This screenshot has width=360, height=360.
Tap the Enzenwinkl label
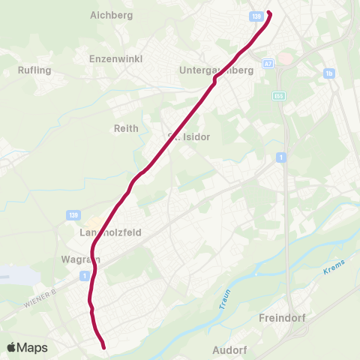[115, 58]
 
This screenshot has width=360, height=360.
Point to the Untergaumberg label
[217, 70]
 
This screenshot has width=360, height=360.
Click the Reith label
[126, 128]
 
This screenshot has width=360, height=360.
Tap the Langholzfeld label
[111, 232]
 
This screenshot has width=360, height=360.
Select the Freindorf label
[280, 317]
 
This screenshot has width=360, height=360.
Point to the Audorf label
[229, 349]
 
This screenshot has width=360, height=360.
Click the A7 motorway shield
[268, 65]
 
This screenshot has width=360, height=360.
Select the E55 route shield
[279, 97]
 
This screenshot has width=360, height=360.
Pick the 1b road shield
[328, 73]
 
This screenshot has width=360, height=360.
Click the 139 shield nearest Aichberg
[257, 15]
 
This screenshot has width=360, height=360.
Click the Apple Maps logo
[28, 347]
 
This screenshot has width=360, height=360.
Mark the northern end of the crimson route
[268, 13]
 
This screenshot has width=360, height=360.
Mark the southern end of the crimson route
[103, 347]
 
